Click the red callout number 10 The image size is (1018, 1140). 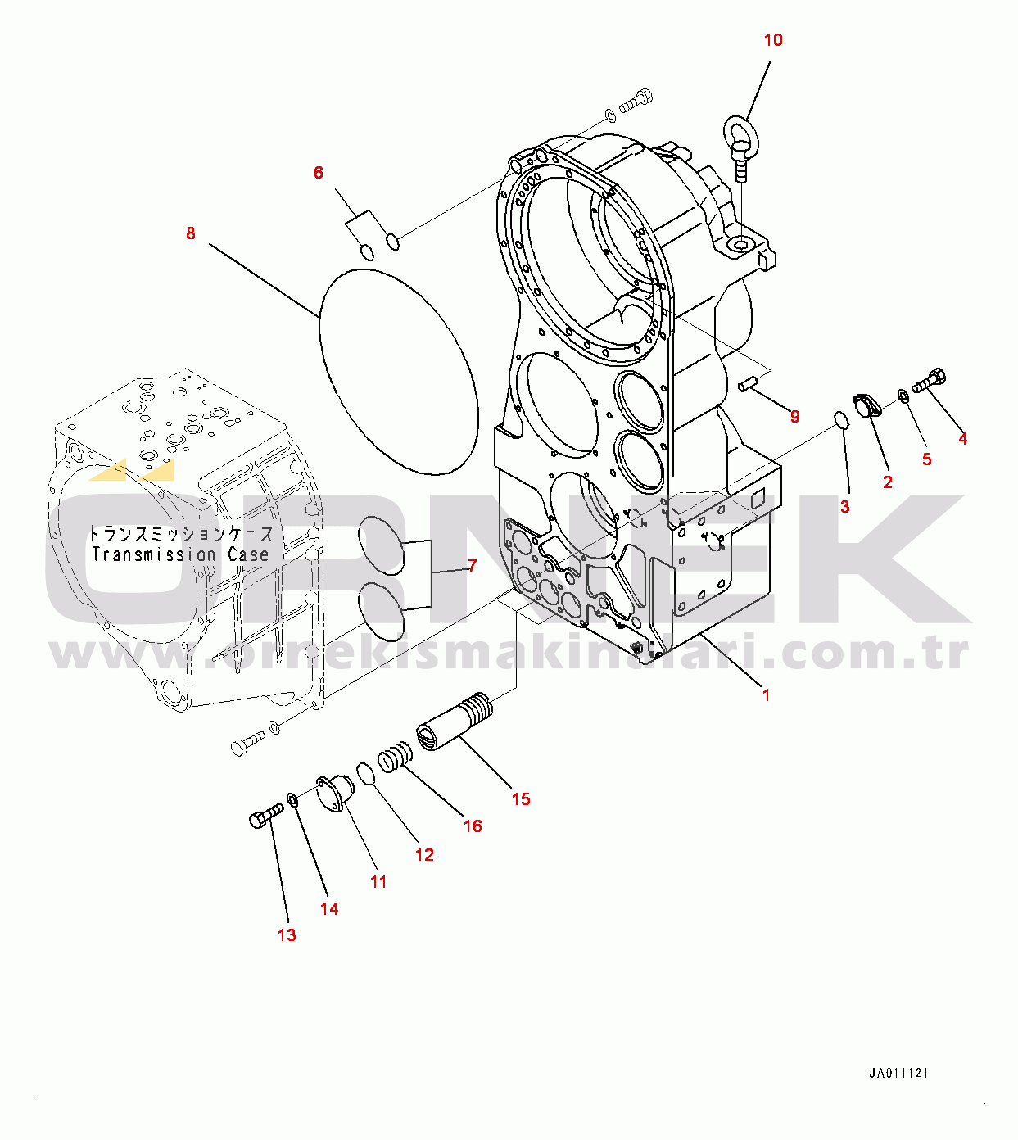772,40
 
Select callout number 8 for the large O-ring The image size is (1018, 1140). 191,233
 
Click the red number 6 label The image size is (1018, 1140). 319,173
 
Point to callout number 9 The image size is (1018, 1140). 794,416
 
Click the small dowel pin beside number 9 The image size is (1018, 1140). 745,386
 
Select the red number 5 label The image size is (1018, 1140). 927,459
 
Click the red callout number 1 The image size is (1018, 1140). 766,695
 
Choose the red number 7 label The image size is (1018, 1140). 472,566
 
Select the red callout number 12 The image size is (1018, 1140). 424,855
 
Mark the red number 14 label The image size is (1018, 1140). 329,908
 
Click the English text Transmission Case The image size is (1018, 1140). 180,554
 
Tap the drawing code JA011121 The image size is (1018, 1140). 898,1073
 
